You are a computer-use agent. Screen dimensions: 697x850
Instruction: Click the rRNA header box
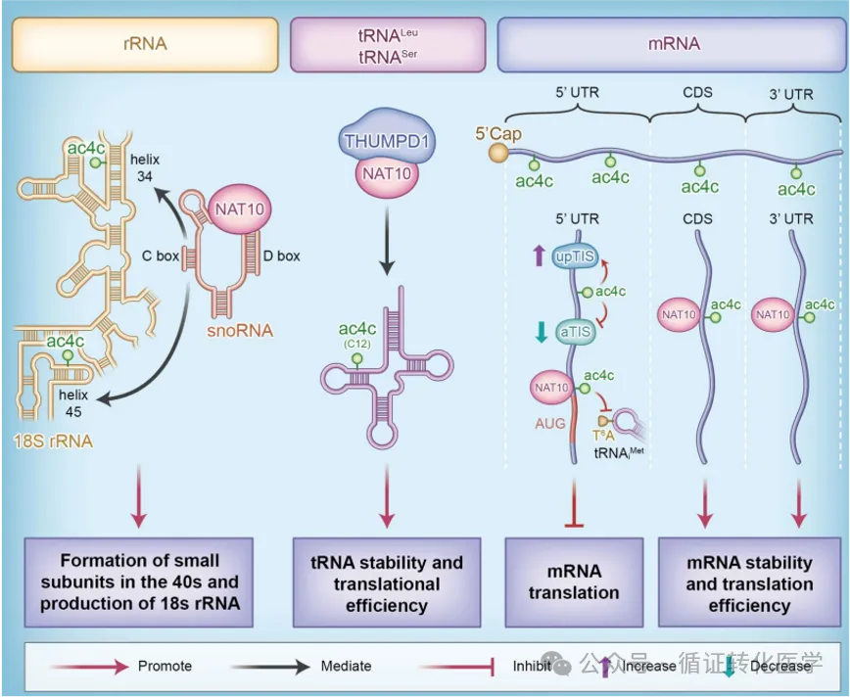pos(144,44)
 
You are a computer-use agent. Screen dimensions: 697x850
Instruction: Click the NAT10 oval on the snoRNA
pos(241,209)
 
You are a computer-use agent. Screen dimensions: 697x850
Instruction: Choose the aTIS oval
pos(575,332)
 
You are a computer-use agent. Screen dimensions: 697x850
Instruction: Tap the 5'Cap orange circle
pos(500,152)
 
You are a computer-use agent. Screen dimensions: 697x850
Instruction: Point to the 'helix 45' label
pos(73,402)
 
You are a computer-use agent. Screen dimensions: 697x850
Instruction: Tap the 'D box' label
pos(281,256)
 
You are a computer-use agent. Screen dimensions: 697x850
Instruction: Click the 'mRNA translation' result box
pos(574,581)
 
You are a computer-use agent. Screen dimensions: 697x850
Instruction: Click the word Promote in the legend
pos(165,666)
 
